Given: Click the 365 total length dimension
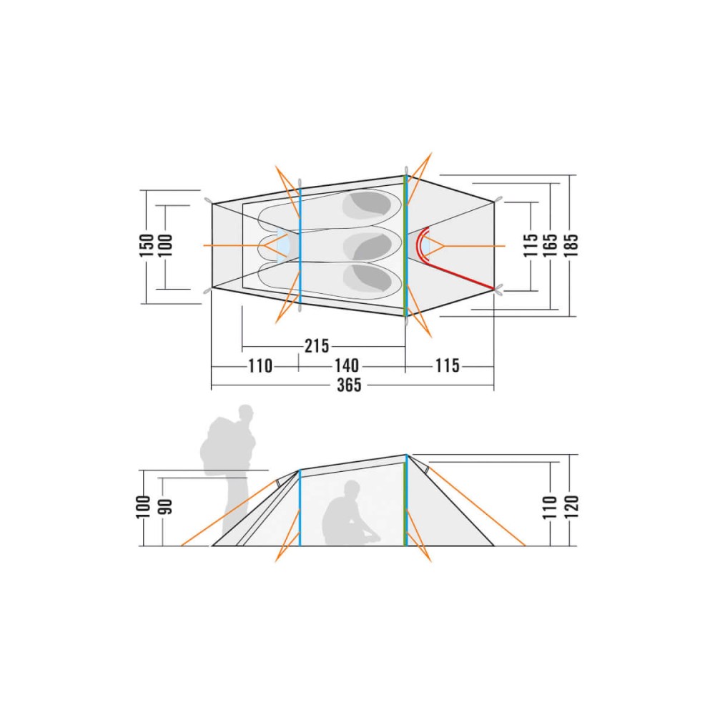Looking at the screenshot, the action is pyautogui.click(x=350, y=385).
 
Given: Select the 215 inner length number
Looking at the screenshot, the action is pyautogui.click(x=317, y=346).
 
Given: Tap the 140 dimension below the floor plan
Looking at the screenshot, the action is pyautogui.click(x=347, y=365).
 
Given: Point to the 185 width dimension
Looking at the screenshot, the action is pyautogui.click(x=571, y=245).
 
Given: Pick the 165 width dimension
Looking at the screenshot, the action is pyautogui.click(x=551, y=245).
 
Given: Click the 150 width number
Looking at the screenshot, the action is pyautogui.click(x=147, y=245).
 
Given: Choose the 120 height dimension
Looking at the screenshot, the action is pyautogui.click(x=571, y=506).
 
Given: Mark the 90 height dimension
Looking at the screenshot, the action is pyautogui.click(x=166, y=507).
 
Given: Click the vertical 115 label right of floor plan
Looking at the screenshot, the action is pyautogui.click(x=531, y=245).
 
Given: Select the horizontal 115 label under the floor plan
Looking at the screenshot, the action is pyautogui.click(x=448, y=365).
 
